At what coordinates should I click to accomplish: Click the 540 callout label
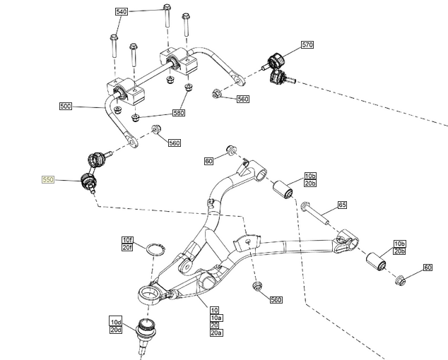[121, 12]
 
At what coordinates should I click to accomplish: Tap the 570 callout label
[307, 44]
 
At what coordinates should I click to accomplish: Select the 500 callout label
[66, 106]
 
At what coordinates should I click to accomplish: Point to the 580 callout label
[178, 113]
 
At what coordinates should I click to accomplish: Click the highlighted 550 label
[47, 180]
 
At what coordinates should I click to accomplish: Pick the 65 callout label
[342, 205]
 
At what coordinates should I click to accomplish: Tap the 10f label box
[127, 239]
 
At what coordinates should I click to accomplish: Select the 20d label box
[116, 330]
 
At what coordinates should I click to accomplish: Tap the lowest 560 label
[276, 300]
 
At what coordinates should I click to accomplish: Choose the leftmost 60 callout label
[208, 161]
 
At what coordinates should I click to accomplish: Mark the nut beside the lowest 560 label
[257, 287]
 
